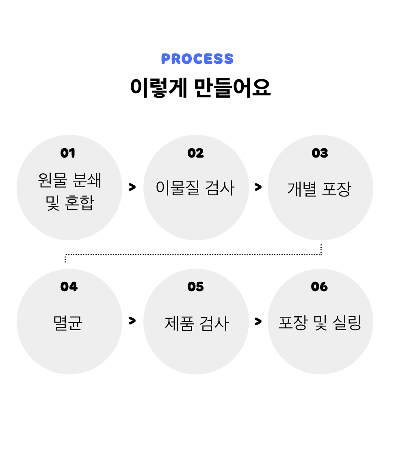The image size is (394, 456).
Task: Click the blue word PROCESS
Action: coord(197,59)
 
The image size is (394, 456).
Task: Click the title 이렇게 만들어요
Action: coord(200,87)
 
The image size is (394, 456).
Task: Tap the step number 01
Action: coord(68,153)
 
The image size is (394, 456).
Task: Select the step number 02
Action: coord(195,153)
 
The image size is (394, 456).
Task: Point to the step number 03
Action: coord(320,153)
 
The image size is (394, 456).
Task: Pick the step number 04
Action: coord(69,287)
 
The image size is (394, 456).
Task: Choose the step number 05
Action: coord(195,287)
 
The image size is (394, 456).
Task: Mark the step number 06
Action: coord(319,287)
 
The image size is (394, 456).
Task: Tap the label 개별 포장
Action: coord(319,189)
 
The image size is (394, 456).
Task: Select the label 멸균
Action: coord(68,323)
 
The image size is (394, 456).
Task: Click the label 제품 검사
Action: coord(197,324)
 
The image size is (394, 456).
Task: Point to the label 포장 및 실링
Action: coord(320,323)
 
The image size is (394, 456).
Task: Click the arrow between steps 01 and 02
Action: coord(132,187)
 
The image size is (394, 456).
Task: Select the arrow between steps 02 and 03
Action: coord(258,187)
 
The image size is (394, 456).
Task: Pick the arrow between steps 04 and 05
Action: coord(132,321)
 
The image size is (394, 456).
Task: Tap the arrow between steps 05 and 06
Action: coord(258,322)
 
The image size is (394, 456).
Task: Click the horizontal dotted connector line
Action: coord(193,255)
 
